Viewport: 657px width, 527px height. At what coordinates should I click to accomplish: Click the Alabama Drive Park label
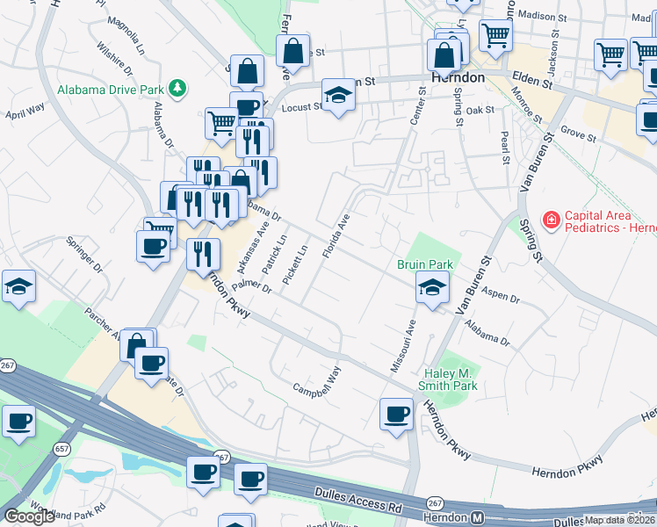pos(111,89)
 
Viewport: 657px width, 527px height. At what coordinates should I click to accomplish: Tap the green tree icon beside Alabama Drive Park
pos(178,88)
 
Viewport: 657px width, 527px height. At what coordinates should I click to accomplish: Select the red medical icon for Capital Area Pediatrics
pos(551,220)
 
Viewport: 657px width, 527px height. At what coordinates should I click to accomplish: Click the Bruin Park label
pos(425,263)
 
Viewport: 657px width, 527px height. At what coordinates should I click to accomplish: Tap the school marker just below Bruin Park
pos(432,288)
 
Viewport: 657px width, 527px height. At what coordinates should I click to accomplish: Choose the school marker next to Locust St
pos(337,94)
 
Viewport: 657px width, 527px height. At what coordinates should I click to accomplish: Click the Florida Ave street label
pos(336,235)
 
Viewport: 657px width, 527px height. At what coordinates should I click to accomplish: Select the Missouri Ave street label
pos(410,344)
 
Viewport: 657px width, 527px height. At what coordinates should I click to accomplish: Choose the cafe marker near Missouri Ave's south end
pos(396,414)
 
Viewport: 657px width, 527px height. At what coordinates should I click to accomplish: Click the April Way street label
pos(25,110)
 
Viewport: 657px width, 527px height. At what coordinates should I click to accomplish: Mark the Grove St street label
pos(578,136)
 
